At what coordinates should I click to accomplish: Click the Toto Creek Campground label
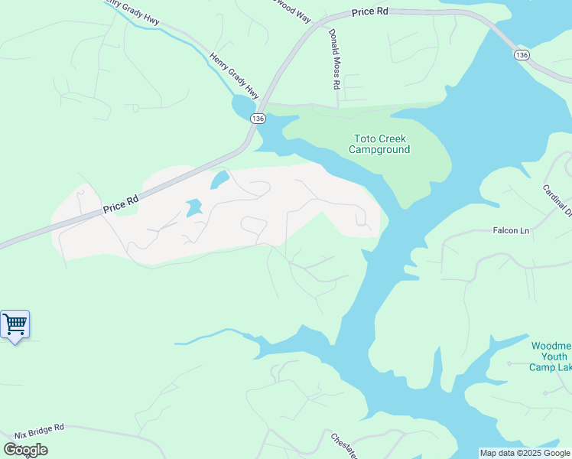click(x=379, y=144)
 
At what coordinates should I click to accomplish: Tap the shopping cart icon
click(x=15, y=324)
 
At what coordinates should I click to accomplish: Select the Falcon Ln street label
click(x=510, y=230)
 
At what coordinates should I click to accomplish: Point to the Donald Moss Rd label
click(x=333, y=60)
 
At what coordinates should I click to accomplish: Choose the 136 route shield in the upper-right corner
click(x=522, y=55)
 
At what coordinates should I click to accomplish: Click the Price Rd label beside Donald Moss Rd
click(x=371, y=13)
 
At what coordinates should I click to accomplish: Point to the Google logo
click(x=25, y=450)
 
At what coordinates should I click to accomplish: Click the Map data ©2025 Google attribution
click(x=525, y=453)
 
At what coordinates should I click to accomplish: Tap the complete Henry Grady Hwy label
click(x=234, y=75)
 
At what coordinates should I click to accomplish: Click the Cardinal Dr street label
click(x=558, y=200)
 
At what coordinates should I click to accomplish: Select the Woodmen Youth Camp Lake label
click(x=551, y=356)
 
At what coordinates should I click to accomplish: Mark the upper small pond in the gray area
click(x=219, y=180)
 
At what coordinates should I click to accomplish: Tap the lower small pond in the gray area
click(x=193, y=207)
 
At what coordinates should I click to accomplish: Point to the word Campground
click(x=379, y=149)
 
